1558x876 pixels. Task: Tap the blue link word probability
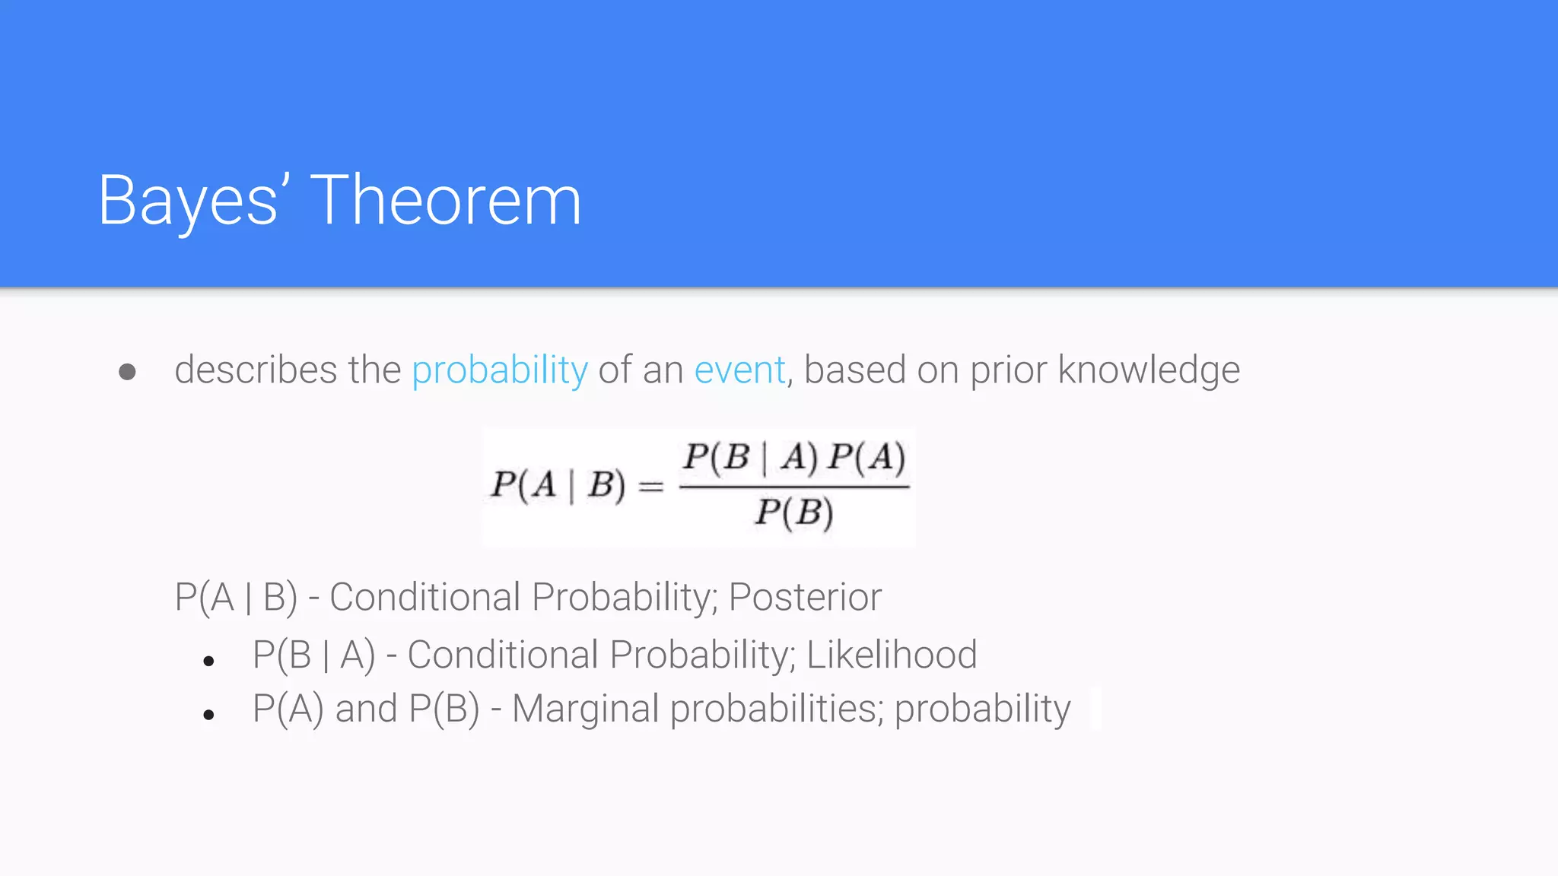pos(500,370)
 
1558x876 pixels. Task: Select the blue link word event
pos(739,370)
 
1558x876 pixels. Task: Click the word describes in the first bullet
pos(256,370)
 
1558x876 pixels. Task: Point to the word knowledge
pos(1149,370)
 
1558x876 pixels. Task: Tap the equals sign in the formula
pos(651,486)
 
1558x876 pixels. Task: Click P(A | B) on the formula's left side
pos(558,484)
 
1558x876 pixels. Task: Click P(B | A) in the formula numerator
pos(750,457)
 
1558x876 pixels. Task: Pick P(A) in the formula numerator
pos(867,457)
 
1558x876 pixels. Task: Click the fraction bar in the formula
pos(794,487)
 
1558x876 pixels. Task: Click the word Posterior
pos(805,597)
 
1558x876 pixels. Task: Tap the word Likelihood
pos(892,655)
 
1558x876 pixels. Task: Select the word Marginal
pos(586,709)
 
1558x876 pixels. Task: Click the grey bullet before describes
pos(128,372)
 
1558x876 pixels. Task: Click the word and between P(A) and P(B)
pos(367,709)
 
